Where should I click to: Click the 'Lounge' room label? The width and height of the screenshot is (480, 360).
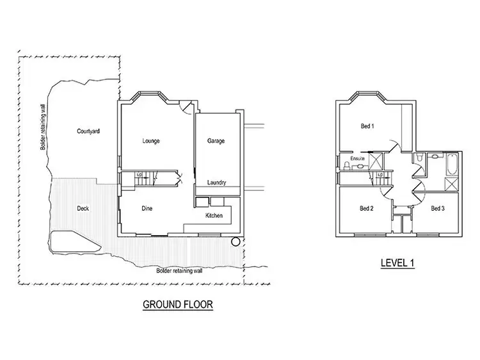click(151, 140)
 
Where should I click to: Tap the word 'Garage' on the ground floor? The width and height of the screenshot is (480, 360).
click(216, 140)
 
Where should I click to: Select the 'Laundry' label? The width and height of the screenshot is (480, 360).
click(217, 183)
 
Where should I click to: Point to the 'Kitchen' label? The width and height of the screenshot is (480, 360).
click(214, 216)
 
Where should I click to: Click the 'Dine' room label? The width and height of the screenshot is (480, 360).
click(147, 208)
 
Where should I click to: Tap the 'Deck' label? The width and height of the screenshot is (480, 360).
click(83, 208)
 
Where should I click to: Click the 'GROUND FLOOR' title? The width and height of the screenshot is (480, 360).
click(177, 305)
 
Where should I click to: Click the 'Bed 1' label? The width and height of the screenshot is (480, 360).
click(367, 126)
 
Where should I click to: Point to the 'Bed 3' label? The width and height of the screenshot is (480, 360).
click(437, 208)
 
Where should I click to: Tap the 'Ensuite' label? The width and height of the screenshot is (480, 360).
click(357, 158)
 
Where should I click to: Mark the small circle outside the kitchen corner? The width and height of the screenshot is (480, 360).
click(236, 242)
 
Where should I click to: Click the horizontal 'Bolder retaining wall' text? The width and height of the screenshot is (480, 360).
click(180, 270)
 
